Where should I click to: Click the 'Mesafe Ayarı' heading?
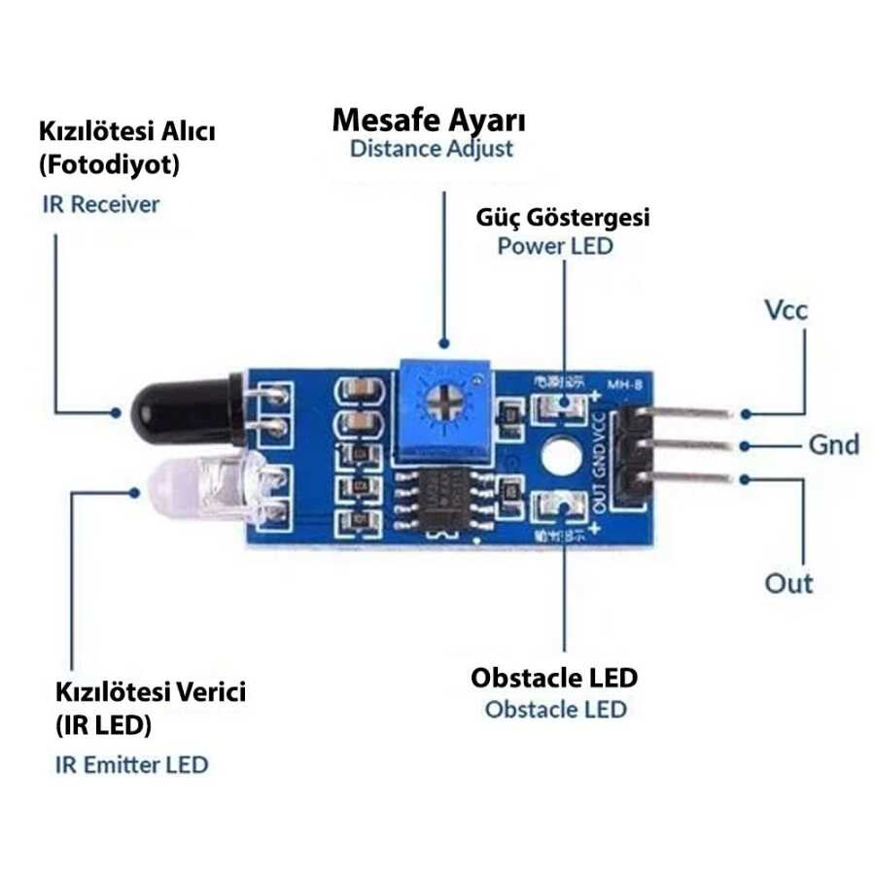click(429, 121)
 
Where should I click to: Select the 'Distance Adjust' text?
click(431, 150)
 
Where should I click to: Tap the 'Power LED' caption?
click(555, 245)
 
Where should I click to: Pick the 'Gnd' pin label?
click(834, 445)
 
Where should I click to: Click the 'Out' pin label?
click(788, 583)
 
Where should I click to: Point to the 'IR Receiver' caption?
click(100, 204)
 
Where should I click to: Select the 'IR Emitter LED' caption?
click(131, 764)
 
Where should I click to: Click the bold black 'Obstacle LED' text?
click(554, 677)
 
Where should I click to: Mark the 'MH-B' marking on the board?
click(624, 386)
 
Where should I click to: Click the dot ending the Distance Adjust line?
click(444, 343)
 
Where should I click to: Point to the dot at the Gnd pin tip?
click(746, 446)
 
